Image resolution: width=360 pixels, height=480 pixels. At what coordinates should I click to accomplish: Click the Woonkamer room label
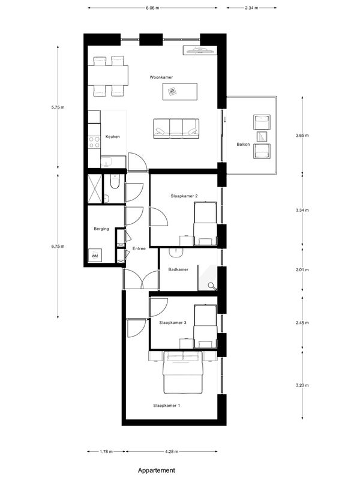[161, 77]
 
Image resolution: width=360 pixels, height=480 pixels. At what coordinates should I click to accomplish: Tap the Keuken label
[112, 137]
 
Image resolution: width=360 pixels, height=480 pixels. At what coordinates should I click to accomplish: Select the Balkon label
[243, 144]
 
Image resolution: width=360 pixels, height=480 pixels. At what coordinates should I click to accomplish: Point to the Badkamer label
[178, 269]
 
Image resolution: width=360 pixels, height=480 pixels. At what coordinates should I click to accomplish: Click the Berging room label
[101, 229]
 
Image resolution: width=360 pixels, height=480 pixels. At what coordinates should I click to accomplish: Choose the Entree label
[139, 248]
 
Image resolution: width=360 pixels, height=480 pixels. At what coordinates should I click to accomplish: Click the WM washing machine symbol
[95, 256]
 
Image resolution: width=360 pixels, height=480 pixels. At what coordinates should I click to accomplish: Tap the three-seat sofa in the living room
[176, 128]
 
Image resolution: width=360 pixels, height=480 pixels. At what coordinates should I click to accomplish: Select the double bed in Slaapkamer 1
[183, 373]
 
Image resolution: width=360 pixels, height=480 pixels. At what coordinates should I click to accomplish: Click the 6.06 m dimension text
[152, 8]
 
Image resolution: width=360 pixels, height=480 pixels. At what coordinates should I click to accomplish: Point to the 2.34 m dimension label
[251, 8]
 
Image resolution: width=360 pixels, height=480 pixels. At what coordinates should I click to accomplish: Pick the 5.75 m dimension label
[58, 107]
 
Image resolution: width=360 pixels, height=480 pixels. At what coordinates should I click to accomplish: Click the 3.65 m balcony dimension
[302, 135]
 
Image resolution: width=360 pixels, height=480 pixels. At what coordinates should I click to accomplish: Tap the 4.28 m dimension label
[172, 451]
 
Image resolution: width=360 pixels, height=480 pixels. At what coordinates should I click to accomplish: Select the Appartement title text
[157, 470]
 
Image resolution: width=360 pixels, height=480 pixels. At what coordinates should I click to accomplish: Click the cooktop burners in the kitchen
[94, 142]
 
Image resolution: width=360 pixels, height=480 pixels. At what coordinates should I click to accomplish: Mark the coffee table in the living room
[179, 91]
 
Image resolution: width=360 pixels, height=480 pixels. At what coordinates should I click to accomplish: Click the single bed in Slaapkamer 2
[205, 223]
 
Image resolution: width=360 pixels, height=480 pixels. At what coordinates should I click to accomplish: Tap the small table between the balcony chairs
[262, 136]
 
